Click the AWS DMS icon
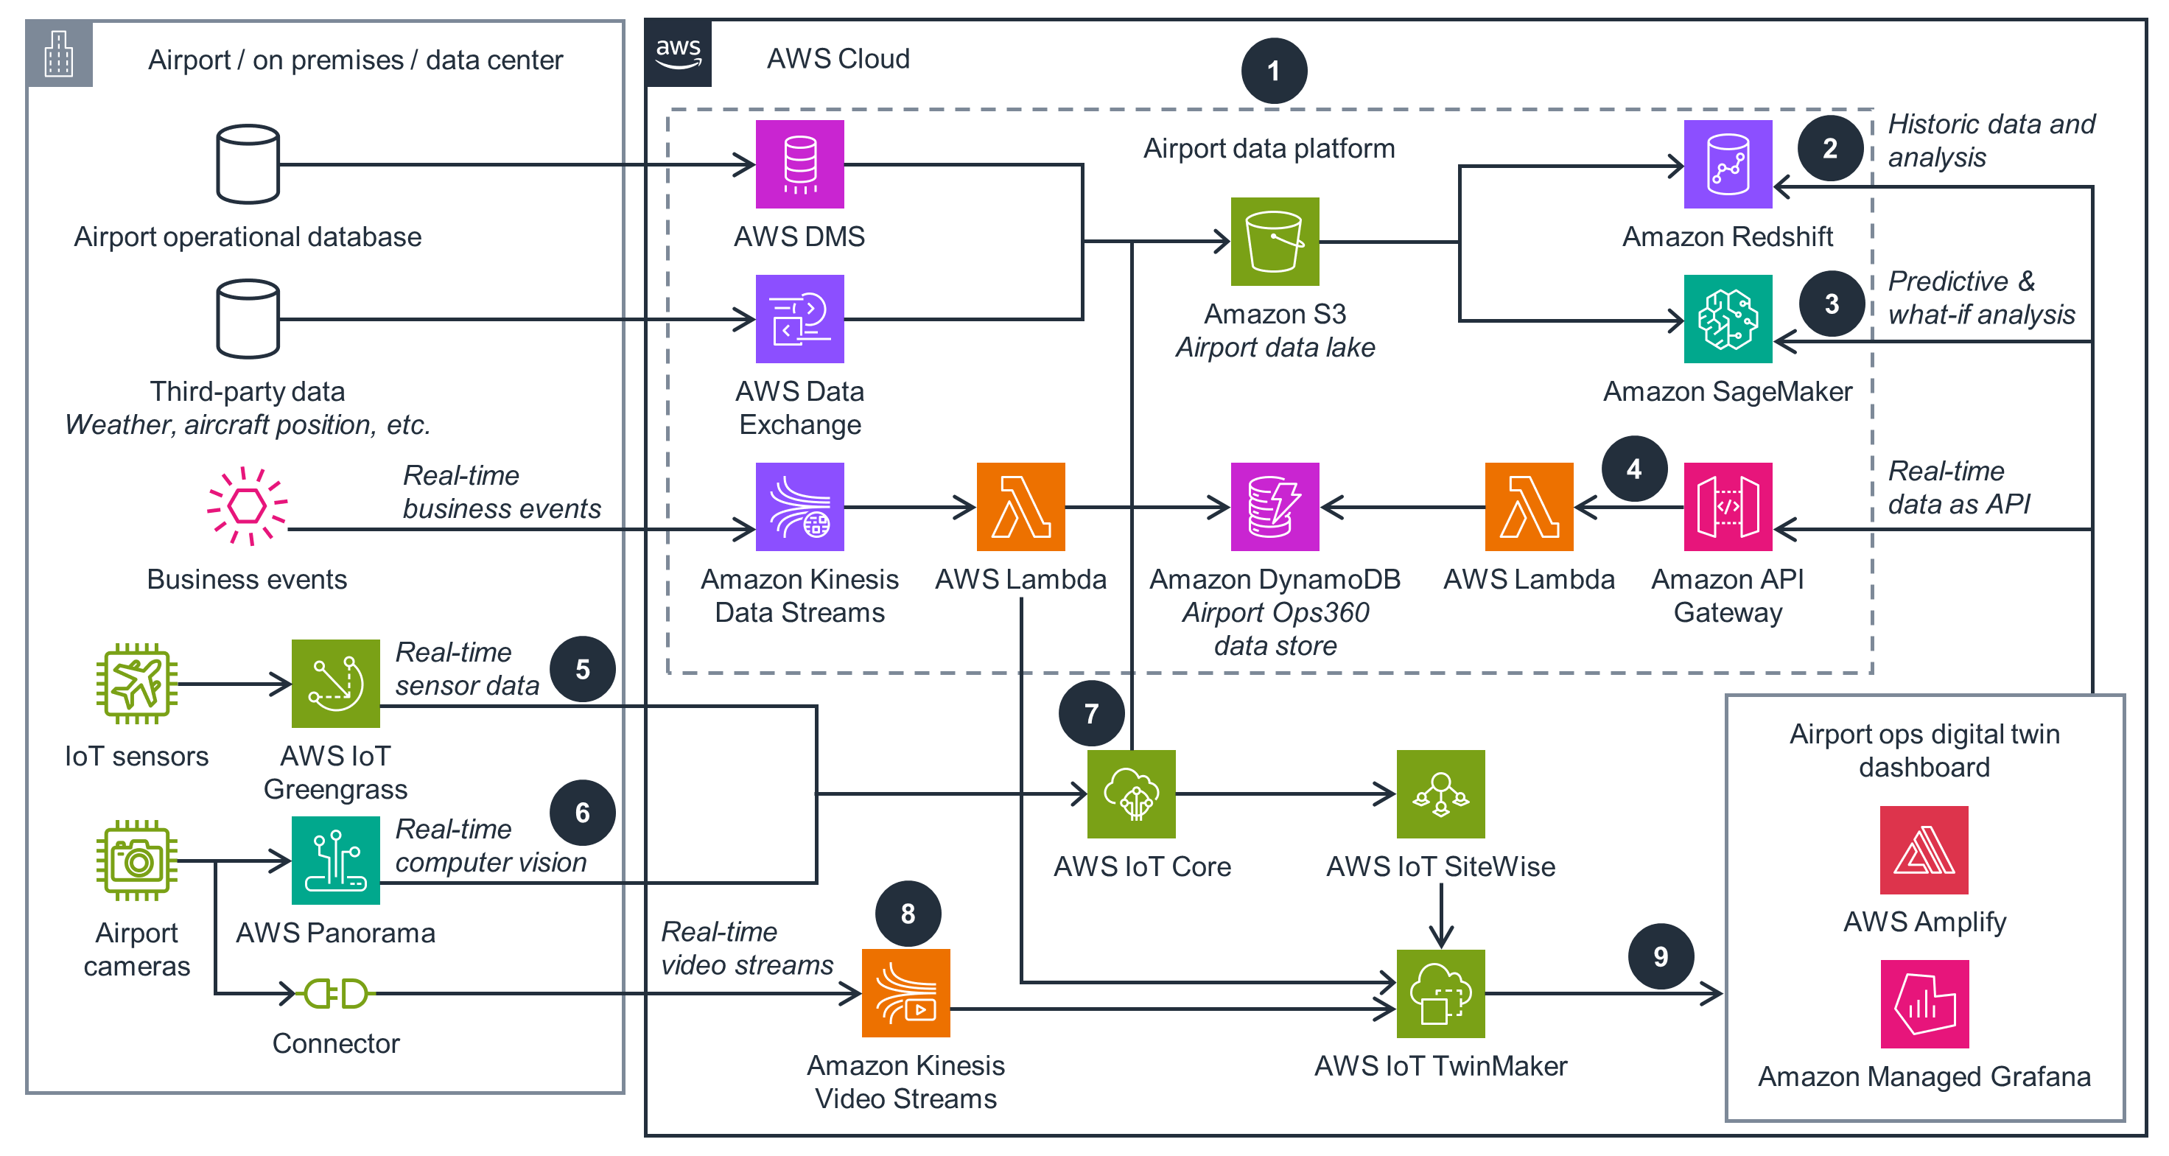799,164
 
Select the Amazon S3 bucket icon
1274,242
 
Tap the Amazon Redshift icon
1727,164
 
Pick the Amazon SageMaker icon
1727,319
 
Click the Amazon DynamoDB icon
1274,507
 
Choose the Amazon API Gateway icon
1727,507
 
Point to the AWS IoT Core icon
1131,794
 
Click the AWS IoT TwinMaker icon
1440,993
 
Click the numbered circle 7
1091,713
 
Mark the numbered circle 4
1634,469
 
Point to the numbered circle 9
1661,956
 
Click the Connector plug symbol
335,993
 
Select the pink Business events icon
247,506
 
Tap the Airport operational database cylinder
248,164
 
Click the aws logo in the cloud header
678,53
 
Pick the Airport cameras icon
136,861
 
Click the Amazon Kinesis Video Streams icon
905,993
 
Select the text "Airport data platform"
1268,148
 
